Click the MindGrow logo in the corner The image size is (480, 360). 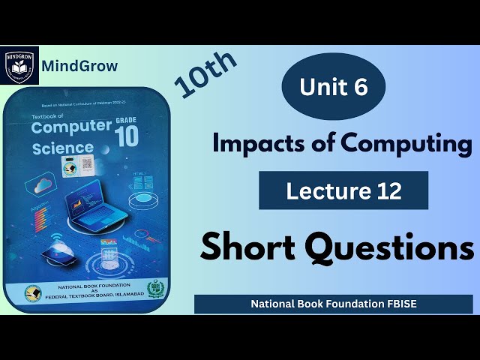pos(19,64)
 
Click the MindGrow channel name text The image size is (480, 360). pos(79,65)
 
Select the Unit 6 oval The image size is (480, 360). pos(334,88)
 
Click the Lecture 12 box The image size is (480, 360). pos(343,190)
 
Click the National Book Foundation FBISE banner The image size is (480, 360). pos(333,304)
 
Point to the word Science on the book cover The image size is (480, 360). pos(63,147)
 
